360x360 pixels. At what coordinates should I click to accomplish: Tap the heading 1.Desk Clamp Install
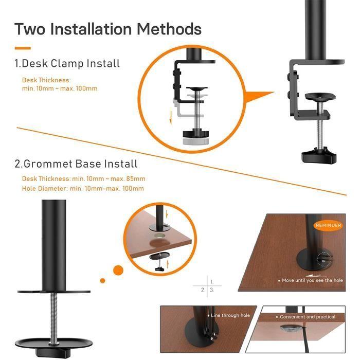(x=67, y=64)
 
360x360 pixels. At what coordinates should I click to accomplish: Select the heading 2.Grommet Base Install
(x=76, y=164)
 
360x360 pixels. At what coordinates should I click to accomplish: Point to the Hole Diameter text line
(x=83, y=188)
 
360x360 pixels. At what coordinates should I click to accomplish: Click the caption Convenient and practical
(x=307, y=317)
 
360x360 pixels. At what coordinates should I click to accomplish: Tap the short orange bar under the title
(x=23, y=48)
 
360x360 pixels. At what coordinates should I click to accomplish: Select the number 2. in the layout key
(x=202, y=290)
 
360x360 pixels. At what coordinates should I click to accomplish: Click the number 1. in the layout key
(x=211, y=282)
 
